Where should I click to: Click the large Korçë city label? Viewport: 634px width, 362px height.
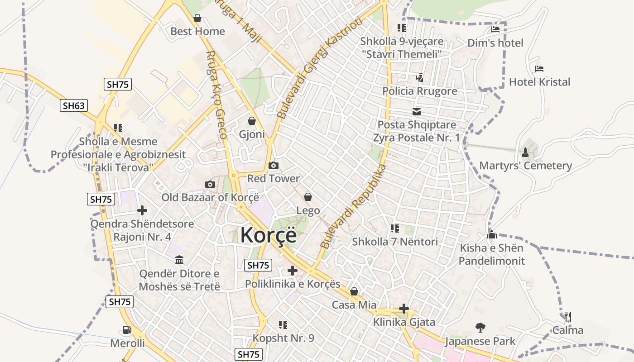[x=268, y=235]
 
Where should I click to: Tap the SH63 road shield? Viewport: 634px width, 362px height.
[x=73, y=106]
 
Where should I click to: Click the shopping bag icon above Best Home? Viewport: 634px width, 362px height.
[x=197, y=19]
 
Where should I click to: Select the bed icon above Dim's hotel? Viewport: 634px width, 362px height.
[x=495, y=30]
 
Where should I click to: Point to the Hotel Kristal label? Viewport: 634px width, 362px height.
[x=539, y=82]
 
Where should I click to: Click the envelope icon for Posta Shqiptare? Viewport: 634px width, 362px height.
[x=416, y=112]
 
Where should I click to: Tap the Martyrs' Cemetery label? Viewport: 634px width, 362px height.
[x=525, y=166]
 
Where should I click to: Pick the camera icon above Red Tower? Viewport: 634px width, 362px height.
[x=273, y=166]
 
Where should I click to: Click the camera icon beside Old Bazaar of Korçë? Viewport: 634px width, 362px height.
[x=210, y=184]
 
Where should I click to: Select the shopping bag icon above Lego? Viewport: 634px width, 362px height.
[x=308, y=197]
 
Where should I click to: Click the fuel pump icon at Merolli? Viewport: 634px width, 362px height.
[x=127, y=330]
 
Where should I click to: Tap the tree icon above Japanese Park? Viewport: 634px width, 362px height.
[x=480, y=328]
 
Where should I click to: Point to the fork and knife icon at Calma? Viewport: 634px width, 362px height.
[x=567, y=317]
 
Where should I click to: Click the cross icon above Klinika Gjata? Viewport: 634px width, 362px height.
[x=404, y=309]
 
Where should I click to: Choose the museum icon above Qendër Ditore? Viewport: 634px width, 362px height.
[x=179, y=260]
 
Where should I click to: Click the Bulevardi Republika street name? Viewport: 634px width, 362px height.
[x=353, y=206]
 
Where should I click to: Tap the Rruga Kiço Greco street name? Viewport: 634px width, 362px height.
[x=216, y=95]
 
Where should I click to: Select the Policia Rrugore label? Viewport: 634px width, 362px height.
[x=419, y=91]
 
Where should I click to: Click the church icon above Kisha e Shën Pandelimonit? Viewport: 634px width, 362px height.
[x=492, y=235]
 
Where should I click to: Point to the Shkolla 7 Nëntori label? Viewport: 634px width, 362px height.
[x=395, y=242]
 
